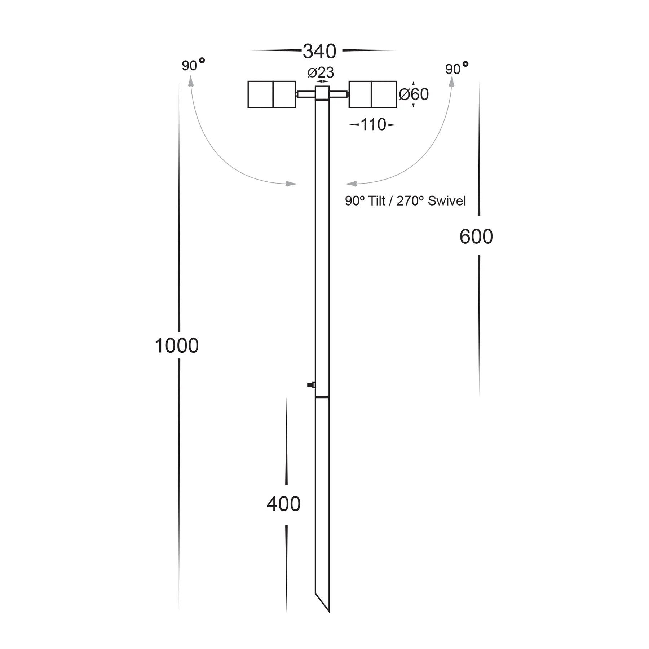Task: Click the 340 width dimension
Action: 319,51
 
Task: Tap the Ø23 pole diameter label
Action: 321,72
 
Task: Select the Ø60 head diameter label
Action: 414,94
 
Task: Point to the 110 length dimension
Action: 373,125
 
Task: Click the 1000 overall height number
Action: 177,345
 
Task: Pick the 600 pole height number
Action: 476,237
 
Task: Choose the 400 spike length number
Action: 283,504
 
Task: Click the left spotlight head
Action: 271,94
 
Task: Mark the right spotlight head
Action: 372,94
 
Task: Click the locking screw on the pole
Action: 311,385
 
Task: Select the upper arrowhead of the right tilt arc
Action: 451,81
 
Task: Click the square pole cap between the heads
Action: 322,93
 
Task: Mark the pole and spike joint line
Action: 322,397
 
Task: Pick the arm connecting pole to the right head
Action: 339,94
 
